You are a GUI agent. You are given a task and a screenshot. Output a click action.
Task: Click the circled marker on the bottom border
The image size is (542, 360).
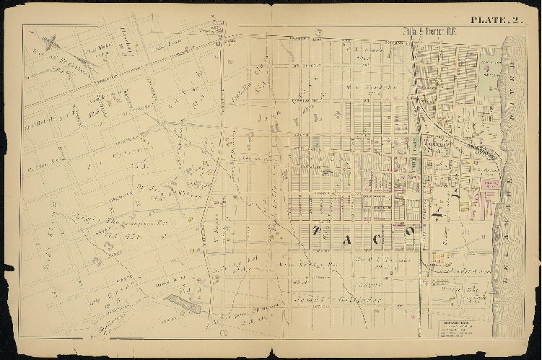click(223, 333)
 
